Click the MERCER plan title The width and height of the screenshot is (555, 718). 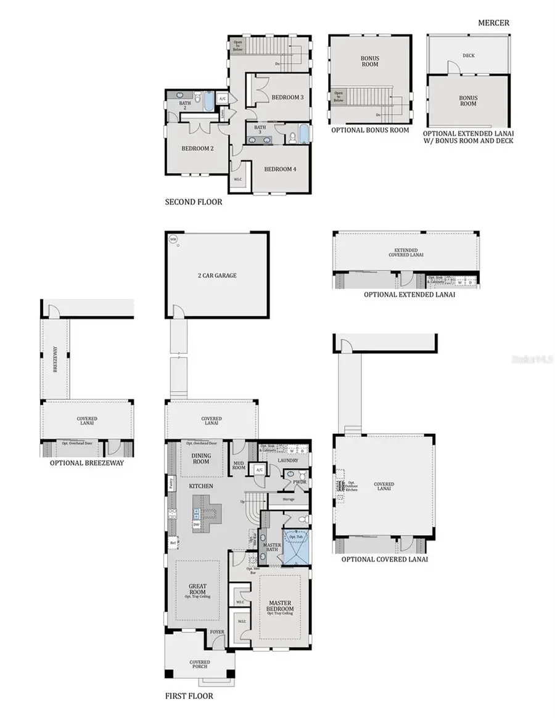(x=493, y=23)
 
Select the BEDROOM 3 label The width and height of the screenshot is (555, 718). (x=288, y=97)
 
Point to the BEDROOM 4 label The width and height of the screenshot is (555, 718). (x=281, y=169)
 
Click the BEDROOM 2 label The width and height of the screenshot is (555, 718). (x=197, y=149)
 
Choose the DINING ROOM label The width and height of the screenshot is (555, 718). (x=201, y=459)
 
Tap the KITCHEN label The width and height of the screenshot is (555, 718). (x=201, y=486)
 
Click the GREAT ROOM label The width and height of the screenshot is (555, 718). (x=197, y=589)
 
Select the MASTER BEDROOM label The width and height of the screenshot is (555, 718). (x=279, y=605)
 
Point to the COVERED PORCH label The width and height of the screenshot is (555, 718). (x=199, y=664)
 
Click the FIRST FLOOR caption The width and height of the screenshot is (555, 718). (x=189, y=696)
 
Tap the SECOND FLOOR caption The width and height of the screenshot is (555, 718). (x=194, y=202)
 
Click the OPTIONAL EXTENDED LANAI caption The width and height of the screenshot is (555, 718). (x=409, y=295)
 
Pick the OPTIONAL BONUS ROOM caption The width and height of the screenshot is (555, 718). (x=370, y=130)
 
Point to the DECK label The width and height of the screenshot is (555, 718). (x=468, y=55)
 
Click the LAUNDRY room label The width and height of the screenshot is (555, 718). (x=288, y=460)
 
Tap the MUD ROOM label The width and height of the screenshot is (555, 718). (x=239, y=465)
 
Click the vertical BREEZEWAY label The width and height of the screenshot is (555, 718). (x=55, y=359)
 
